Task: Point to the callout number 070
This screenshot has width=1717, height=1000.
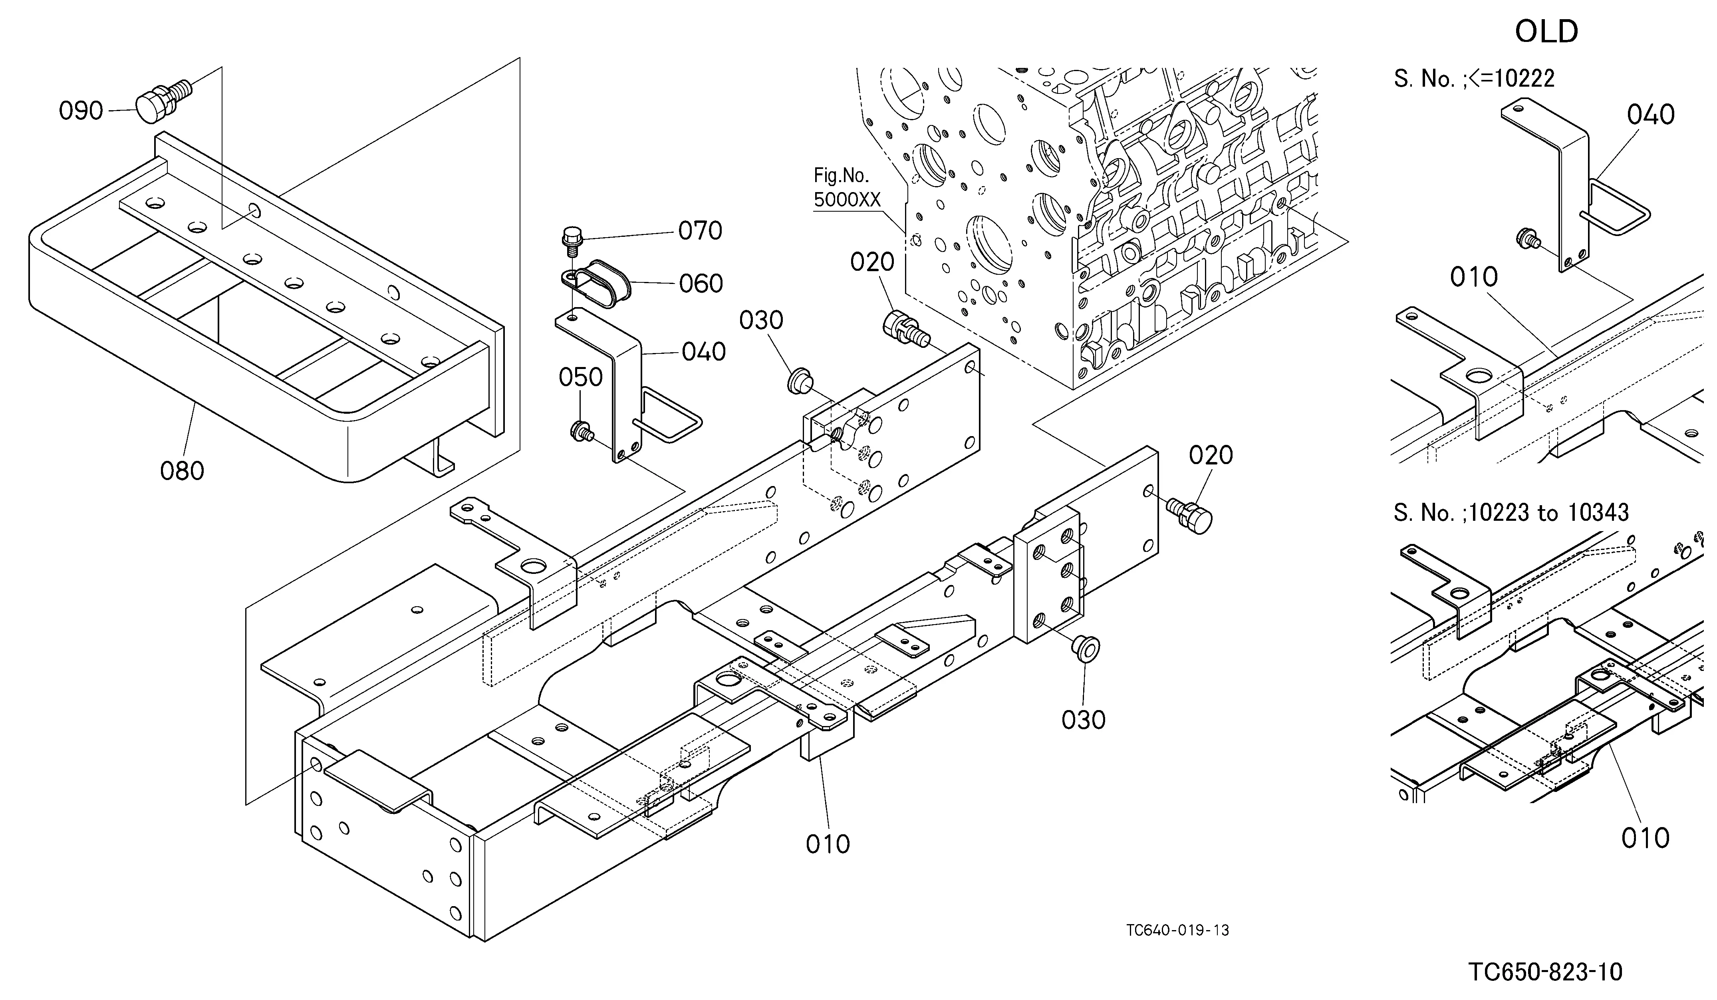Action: pyautogui.click(x=700, y=231)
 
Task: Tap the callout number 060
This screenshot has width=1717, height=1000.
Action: pyautogui.click(x=701, y=284)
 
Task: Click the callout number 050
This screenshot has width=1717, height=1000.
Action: pyautogui.click(x=580, y=377)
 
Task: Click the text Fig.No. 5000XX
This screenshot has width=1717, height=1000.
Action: pyautogui.click(x=847, y=188)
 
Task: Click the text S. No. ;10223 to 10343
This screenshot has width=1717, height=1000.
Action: pyautogui.click(x=1511, y=512)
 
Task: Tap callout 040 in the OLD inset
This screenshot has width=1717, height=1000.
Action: pyautogui.click(x=1651, y=115)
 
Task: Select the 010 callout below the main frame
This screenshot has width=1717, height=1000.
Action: pyautogui.click(x=828, y=845)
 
